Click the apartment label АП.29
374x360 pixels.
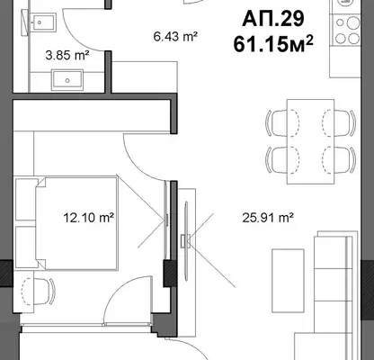point(273,19)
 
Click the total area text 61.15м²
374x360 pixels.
point(273,44)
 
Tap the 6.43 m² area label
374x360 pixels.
point(175,37)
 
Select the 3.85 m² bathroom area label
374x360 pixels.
point(67,55)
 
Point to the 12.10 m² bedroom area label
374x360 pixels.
point(89,217)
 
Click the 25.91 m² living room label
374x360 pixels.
point(268,217)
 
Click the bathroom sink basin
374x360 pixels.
point(67,80)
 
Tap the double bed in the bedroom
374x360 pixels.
point(76,223)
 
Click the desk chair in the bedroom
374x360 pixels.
point(39,291)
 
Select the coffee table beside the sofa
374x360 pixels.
point(288,281)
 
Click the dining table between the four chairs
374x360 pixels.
point(310,141)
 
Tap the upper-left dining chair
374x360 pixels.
point(282,123)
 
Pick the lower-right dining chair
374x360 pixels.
point(339,159)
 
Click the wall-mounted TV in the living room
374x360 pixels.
point(186,241)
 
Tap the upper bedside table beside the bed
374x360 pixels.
point(26,199)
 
